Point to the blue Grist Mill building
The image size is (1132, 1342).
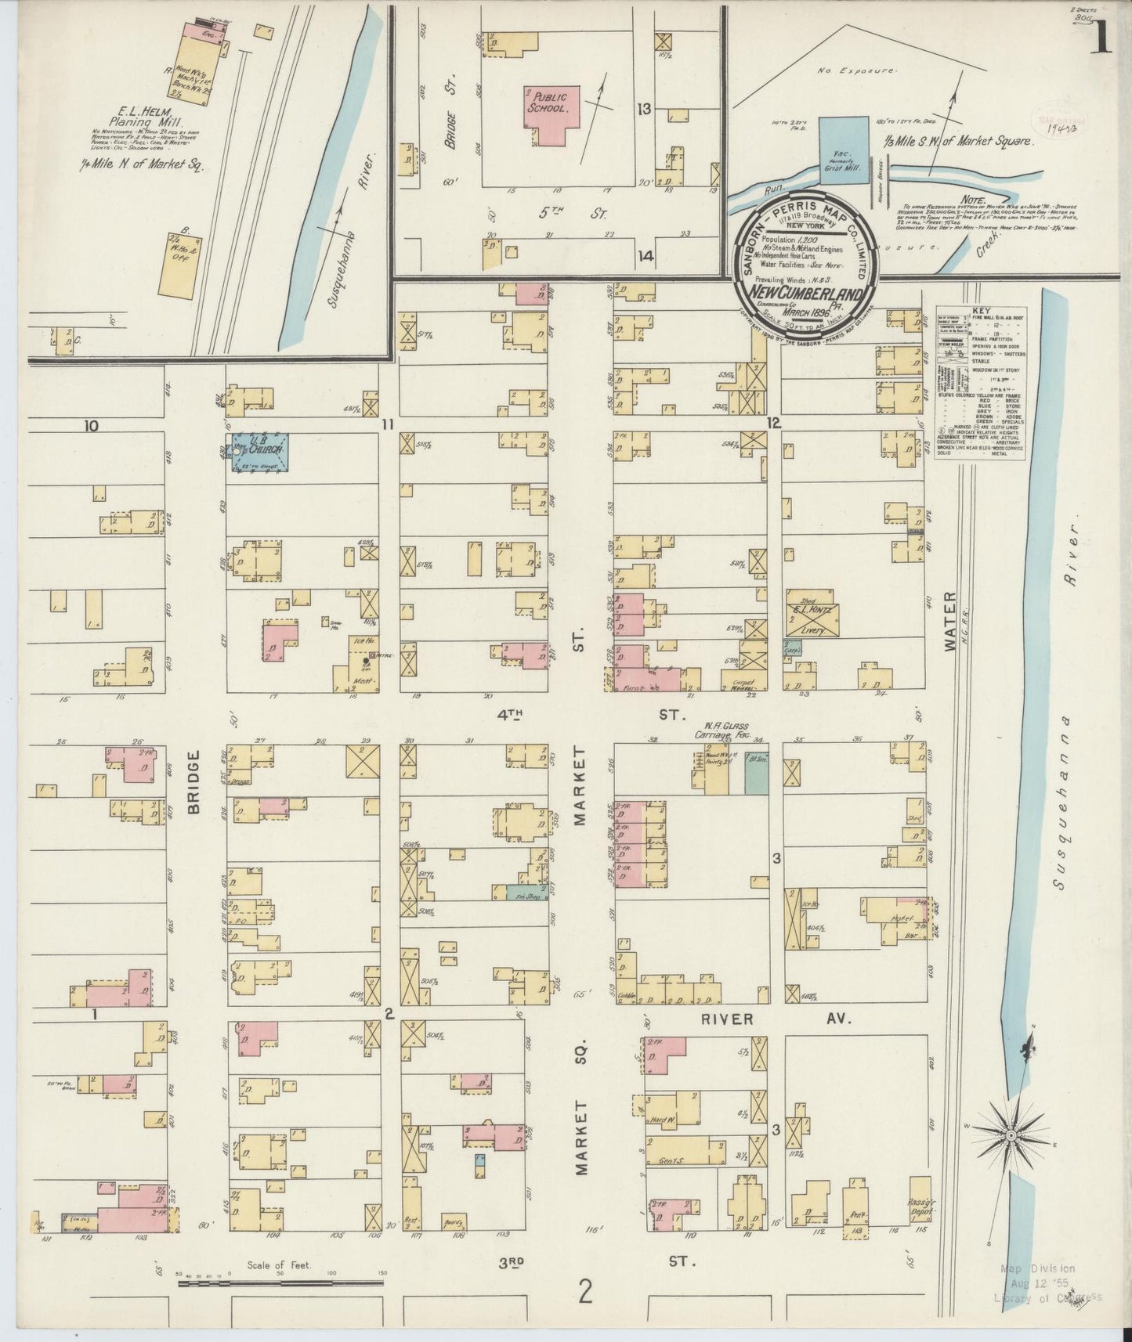[x=843, y=150]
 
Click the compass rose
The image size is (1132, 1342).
[x=1011, y=1135]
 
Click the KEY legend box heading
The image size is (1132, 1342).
[x=980, y=310]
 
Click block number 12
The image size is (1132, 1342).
[x=774, y=424]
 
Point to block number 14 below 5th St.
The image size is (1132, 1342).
[x=646, y=256]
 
